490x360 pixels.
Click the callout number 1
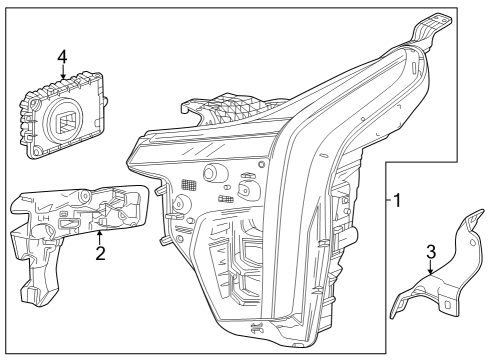397,200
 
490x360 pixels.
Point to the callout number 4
62,57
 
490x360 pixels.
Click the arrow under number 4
62,74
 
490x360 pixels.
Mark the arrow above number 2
99,235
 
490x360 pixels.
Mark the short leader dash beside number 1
387,200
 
